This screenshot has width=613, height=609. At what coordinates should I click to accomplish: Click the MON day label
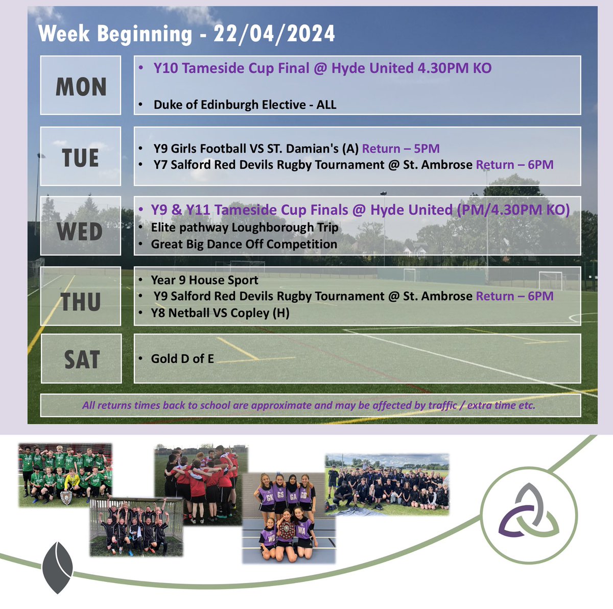[81, 87]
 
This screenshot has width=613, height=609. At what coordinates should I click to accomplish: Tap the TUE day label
[81, 157]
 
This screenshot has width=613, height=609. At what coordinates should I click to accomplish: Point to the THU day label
[81, 301]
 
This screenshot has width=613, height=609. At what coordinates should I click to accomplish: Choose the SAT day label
[81, 359]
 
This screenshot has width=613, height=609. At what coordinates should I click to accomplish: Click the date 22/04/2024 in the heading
[275, 34]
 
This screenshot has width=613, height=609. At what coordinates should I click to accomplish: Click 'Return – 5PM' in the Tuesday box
[400, 149]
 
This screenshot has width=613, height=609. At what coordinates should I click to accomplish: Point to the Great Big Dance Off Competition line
[244, 244]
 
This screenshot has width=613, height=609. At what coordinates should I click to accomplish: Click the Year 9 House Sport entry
[204, 280]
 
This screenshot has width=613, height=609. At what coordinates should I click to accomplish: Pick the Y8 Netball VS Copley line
[220, 313]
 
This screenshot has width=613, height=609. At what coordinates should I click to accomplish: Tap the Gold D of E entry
[182, 359]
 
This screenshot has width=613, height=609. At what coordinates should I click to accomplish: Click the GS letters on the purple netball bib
[279, 494]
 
